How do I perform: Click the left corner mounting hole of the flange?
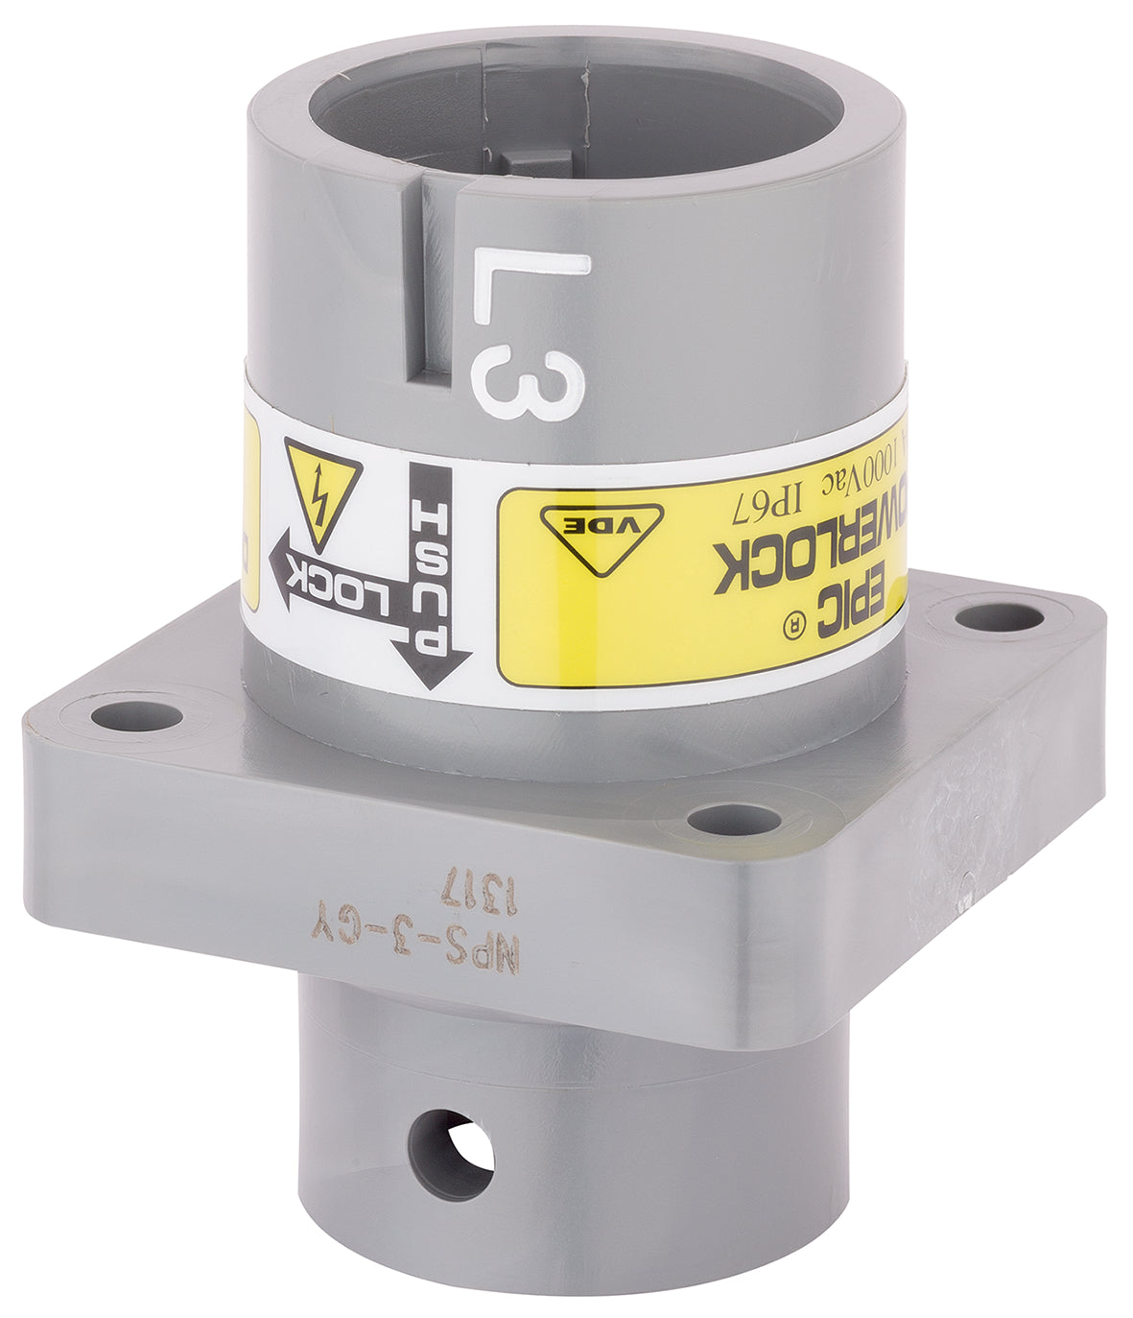click(136, 715)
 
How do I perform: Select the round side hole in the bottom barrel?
click(451, 1152)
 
